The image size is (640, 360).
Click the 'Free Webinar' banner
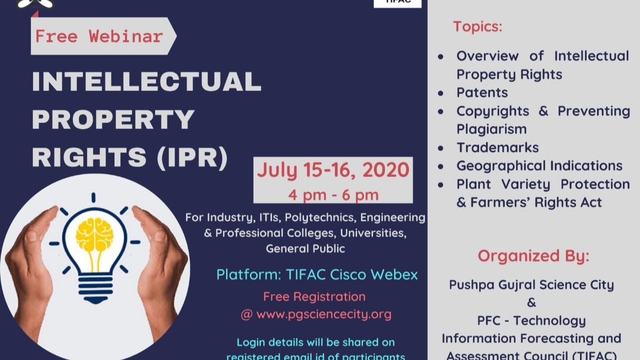99,36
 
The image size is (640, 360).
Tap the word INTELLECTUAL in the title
146,81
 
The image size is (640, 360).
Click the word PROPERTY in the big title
113,119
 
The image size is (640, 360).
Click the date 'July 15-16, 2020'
333,170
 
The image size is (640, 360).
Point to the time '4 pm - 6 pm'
333,194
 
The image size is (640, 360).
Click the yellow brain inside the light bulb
94,235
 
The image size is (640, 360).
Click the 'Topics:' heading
477,26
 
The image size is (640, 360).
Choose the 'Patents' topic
482,92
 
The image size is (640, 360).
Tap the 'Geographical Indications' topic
539,165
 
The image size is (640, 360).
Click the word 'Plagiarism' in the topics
491,129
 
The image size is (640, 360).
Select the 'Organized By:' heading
533,256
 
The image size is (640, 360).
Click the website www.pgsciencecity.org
323,314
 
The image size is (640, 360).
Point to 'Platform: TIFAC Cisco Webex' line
317,274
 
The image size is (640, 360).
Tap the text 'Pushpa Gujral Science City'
531,285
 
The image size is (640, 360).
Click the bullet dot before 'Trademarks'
440,148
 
